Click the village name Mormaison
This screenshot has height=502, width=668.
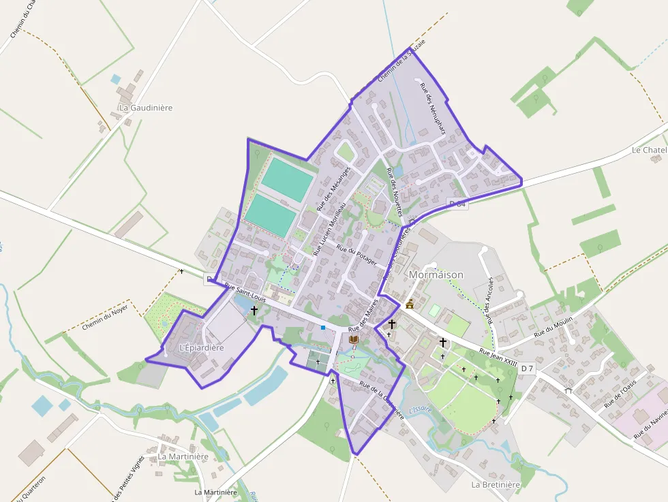click(436, 274)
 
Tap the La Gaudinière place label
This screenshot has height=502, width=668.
click(145, 108)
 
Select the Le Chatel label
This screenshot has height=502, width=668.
click(648, 150)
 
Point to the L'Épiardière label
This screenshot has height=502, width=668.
click(201, 347)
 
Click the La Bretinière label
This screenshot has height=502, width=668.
click(496, 484)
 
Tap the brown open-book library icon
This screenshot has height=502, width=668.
click(353, 339)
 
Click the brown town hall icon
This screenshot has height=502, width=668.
click(410, 304)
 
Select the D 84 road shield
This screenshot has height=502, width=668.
click(458, 204)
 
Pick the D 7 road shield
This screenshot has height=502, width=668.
click(526, 368)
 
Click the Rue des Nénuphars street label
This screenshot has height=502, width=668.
click(432, 108)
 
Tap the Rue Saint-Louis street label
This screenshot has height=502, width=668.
click(244, 292)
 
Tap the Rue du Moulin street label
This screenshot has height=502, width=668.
click(553, 327)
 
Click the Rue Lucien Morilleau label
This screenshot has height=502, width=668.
click(330, 228)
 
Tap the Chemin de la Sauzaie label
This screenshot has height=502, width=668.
click(401, 61)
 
